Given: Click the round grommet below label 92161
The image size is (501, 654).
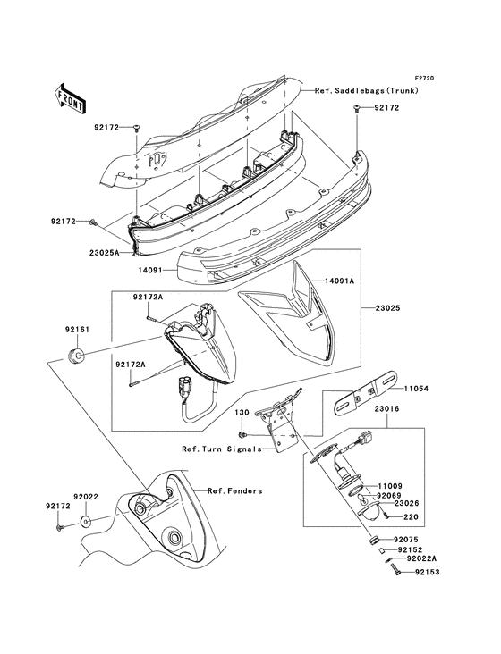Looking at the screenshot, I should point(77,358).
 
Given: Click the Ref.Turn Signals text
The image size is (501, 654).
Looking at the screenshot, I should point(220,449).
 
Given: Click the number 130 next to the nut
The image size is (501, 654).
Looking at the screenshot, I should point(241,413).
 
